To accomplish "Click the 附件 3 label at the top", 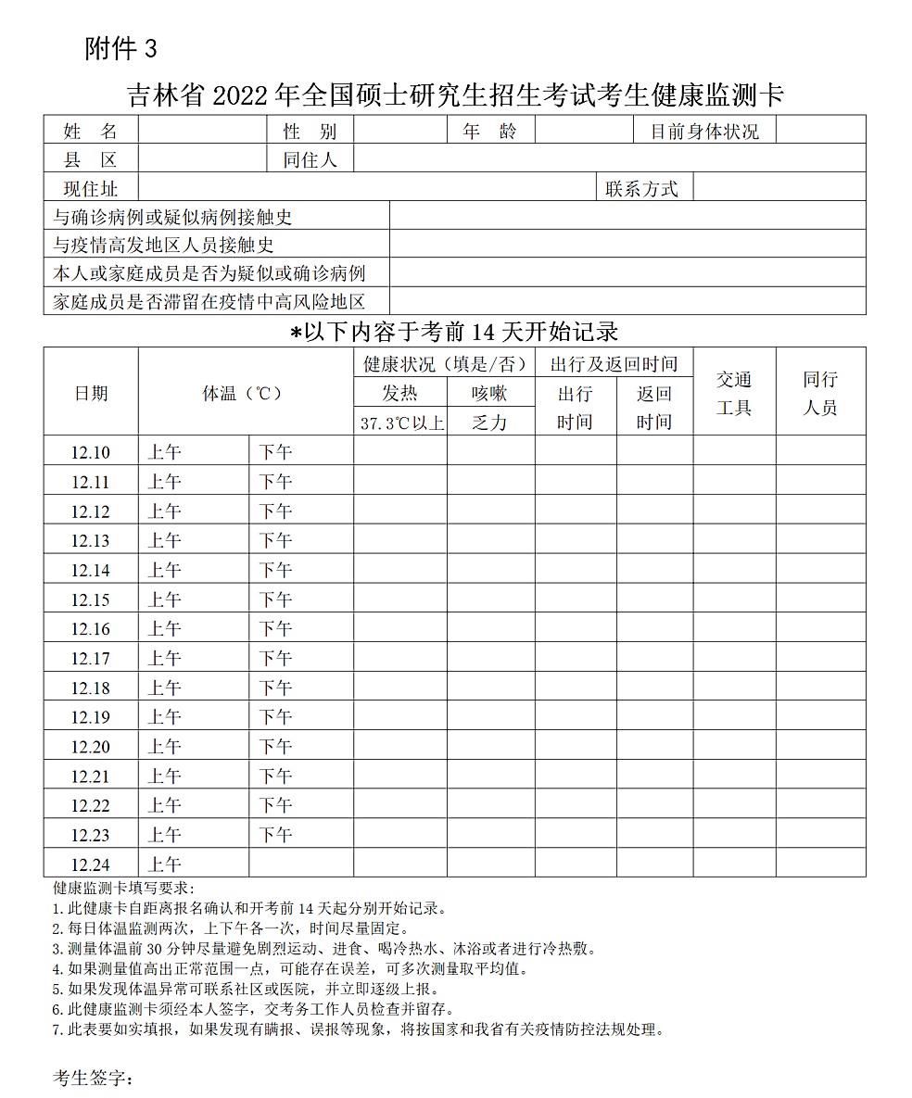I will point(121,49).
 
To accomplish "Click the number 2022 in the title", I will point(244,95).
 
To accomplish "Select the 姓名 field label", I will point(91,132).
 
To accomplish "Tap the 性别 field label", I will point(310,132).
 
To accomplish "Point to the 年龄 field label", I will point(490,132).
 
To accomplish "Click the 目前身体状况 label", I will point(704,132).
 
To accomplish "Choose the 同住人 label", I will point(310,159).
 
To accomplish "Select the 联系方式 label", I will point(641,189).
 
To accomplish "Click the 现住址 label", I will point(91,189).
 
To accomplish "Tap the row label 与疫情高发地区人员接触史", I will point(164,246).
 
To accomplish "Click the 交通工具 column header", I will point(734,393).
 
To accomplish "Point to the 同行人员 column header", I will point(820,393).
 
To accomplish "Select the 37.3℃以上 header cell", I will point(401,423).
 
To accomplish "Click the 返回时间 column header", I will point(653,408).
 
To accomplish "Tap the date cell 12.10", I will point(91,453).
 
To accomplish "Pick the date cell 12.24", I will point(91,865).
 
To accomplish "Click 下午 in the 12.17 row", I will point(275,659).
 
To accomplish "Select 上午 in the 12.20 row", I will point(165,747).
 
